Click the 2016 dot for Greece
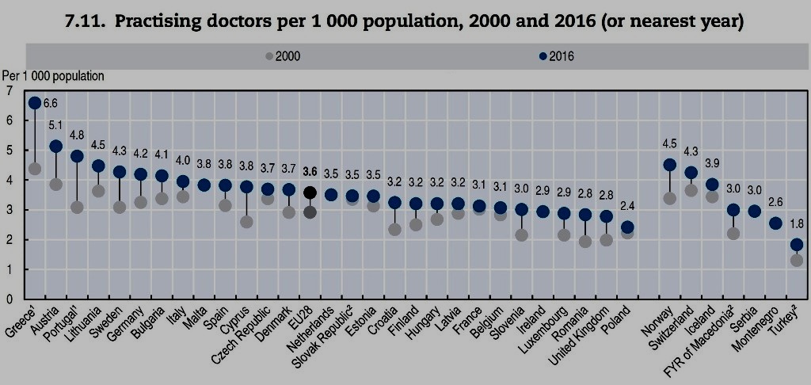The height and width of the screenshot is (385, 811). (35, 103)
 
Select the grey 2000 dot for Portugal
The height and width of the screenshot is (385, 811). (77, 208)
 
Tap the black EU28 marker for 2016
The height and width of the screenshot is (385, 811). (310, 192)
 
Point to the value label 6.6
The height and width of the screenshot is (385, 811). (51, 103)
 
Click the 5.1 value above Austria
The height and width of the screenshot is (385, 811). (55, 125)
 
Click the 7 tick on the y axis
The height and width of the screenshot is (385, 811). (9, 91)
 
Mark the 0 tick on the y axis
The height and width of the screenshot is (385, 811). (9, 299)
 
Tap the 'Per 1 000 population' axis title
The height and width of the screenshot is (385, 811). (53, 76)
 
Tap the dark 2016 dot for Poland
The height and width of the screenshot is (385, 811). (627, 228)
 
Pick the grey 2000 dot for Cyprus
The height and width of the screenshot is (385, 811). (247, 222)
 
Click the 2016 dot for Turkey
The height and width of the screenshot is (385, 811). (797, 245)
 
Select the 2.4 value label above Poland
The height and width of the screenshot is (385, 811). (627, 208)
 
